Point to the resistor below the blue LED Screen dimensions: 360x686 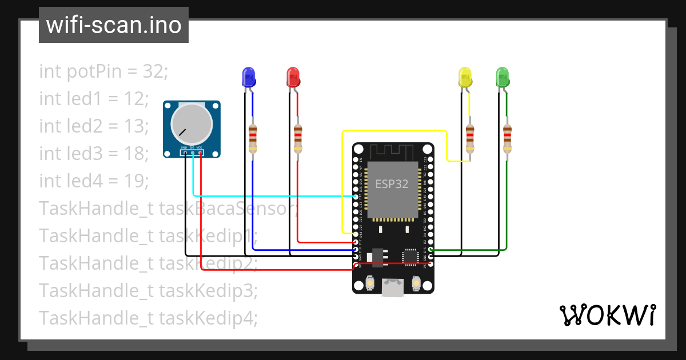point(253,138)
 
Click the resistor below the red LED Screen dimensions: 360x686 point(298,138)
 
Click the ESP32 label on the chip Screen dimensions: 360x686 point(392,184)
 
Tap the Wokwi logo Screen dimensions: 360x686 point(607,315)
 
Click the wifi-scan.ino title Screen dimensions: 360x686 point(114,25)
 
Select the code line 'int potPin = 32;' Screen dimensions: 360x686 point(103,71)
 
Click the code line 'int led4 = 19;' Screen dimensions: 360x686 point(94,181)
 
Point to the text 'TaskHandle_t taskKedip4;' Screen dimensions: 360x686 point(149,318)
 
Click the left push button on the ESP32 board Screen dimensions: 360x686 point(369,283)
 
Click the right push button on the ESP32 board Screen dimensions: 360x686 point(416,283)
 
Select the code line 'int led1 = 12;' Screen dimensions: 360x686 point(94,99)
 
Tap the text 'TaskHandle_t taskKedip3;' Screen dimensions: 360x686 point(149,290)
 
